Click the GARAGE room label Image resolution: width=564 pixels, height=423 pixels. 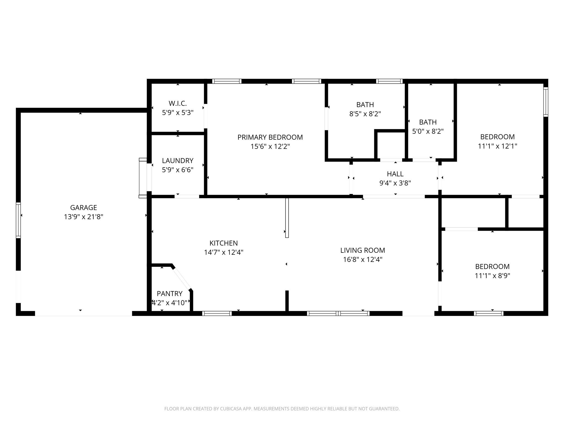[83, 207]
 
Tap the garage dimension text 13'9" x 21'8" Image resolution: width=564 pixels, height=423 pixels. [83, 217]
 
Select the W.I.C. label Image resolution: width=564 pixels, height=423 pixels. [178, 103]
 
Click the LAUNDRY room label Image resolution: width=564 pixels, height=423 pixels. [178, 161]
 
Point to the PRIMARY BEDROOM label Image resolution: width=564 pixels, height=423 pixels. [270, 137]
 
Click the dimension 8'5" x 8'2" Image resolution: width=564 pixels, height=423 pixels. [365, 114]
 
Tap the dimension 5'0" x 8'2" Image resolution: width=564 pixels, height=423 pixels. [428, 131]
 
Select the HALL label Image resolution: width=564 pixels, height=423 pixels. [395, 174]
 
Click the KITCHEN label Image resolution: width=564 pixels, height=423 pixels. [223, 243]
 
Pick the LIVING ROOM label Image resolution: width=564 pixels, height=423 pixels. [362, 250]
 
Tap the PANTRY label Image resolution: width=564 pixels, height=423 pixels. [169, 293]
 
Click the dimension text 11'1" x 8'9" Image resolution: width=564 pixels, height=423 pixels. [492, 276]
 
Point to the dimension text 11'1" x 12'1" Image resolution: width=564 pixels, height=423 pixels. [497, 146]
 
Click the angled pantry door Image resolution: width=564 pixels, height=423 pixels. [182, 278]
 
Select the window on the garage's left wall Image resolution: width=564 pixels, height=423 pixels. [18, 220]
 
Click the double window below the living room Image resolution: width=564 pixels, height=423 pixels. [338, 313]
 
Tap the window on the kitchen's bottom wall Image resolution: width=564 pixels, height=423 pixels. [217, 313]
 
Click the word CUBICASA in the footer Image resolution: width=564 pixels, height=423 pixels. [231, 409]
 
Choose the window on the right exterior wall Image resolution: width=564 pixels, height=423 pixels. [546, 102]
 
